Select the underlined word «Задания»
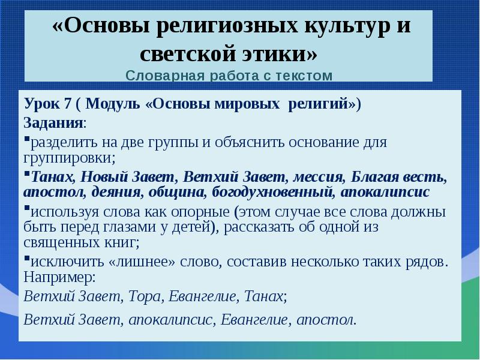click(x=53, y=123)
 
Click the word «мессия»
click(x=317, y=178)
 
